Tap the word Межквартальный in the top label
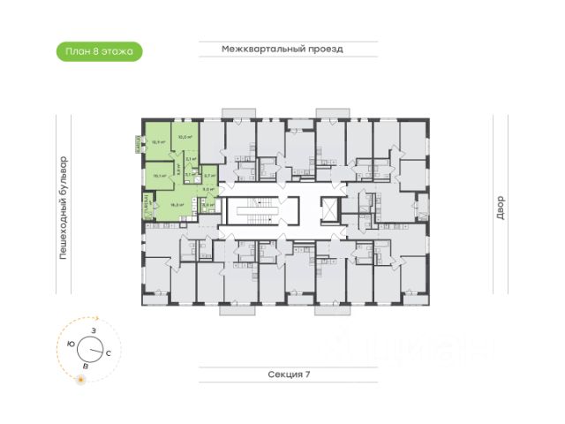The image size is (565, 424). click(260, 49)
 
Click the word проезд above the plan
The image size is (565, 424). click(321, 49)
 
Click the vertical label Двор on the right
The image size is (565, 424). click(499, 208)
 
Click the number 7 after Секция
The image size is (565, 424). click(309, 375)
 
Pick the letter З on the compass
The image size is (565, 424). click(92, 329)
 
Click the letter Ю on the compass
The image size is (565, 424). click(70, 343)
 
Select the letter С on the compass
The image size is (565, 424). click(108, 352)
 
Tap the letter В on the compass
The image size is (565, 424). click(85, 365)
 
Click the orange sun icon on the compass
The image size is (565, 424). click(81, 379)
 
